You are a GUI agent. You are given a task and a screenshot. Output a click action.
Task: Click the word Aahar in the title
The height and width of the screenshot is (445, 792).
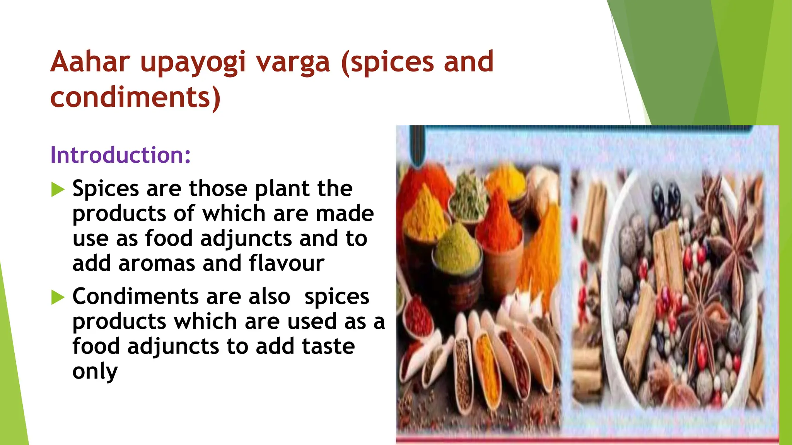pos(90,62)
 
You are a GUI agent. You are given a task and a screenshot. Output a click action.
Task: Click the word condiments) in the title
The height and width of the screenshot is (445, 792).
pos(135,97)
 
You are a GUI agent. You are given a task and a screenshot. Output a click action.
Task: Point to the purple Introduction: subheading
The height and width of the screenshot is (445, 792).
pos(120,155)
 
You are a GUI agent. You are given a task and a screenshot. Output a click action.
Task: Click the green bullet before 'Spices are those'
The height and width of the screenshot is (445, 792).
pos(58,190)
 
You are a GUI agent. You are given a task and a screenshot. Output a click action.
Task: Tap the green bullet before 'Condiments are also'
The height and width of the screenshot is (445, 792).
pos(58,297)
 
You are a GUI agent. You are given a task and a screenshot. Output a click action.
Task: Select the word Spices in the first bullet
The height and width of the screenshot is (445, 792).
pos(106,189)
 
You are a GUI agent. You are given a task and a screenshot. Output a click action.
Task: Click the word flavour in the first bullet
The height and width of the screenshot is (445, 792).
pos(286,263)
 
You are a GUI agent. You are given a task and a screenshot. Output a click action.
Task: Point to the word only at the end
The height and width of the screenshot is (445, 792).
pos(95,372)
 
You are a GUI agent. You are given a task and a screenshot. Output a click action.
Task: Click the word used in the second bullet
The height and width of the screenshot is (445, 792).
pos(312,321)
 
